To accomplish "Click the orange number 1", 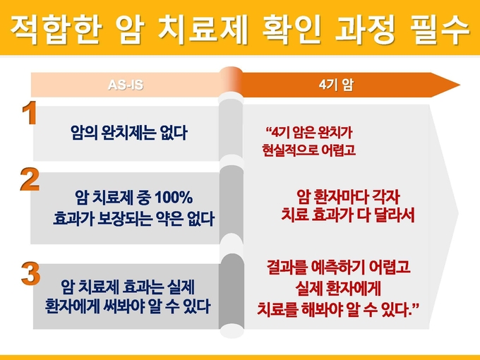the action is tap(30, 113).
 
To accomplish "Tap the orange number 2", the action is tap(30, 179).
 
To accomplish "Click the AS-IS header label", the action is tap(126, 85).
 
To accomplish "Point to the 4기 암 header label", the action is tap(336, 85).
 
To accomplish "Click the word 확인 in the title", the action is tap(292, 30).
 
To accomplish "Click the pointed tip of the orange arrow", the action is tap(460, 85).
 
